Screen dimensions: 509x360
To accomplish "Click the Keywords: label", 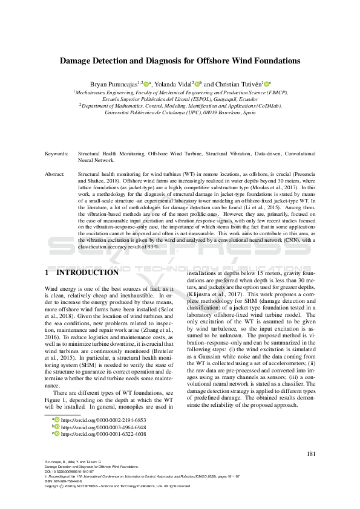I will [x=57, y=154].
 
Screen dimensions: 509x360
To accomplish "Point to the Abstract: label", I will [x=56, y=173].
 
